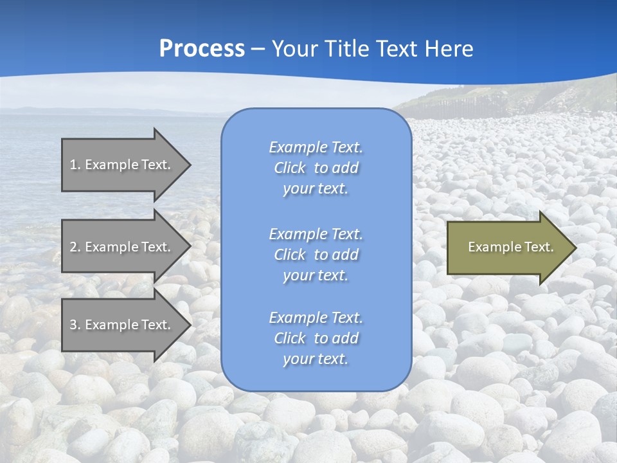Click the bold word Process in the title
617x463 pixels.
pos(202,49)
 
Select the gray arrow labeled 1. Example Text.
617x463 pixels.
pos(122,165)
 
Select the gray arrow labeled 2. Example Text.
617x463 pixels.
pos(122,247)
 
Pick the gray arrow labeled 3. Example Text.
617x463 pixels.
pos(122,325)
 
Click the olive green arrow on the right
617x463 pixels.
pos(508,248)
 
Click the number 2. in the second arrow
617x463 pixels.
pos(75,247)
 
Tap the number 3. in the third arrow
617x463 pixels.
pos(75,325)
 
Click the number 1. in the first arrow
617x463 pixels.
pos(75,165)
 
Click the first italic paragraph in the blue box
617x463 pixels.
pos(316,168)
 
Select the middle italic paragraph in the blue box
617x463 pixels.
pos(316,255)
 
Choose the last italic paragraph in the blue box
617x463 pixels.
pos(316,338)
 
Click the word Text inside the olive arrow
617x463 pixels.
pos(539,247)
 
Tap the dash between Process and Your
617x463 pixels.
pos(258,50)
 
